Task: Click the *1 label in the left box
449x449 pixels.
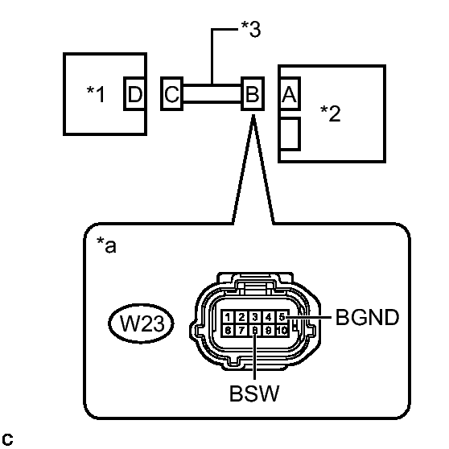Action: pos(96,94)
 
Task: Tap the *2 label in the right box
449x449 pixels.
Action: pos(331,113)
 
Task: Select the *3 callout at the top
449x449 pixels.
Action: pos(251,29)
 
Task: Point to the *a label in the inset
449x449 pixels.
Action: pos(106,245)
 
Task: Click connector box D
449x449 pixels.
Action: pos(135,93)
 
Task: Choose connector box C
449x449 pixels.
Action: pos(172,93)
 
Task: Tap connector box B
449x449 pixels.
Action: pos(253,93)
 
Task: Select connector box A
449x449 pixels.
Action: pos(289,93)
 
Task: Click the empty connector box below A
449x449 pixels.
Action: pos(289,134)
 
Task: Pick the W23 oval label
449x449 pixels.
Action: pos(141,323)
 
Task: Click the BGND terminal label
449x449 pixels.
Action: pos(367,317)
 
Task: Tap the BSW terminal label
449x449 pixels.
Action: pos(254,393)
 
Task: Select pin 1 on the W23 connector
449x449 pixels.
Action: pos(228,317)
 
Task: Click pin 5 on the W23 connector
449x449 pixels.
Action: pos(282,317)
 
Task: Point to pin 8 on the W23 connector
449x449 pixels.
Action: pos(255,330)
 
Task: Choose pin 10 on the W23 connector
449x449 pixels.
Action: pos(282,330)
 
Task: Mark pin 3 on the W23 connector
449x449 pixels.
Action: pos(255,317)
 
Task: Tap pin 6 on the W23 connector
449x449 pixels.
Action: pos(228,330)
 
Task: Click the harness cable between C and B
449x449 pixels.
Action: pos(212,93)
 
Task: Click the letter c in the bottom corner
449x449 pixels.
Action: pos(7,439)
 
